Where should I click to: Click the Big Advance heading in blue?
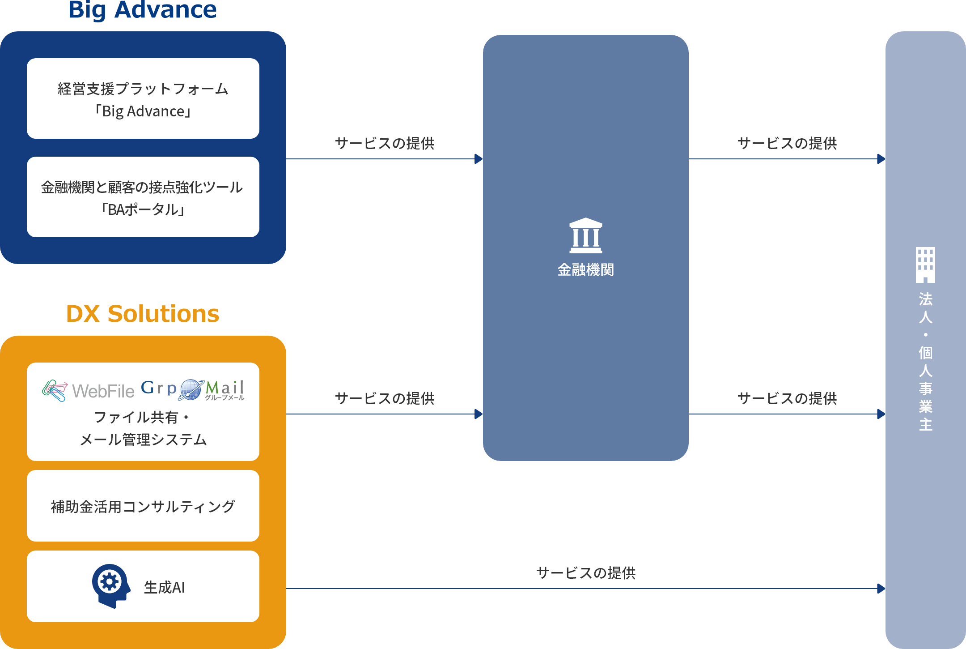pyautogui.click(x=143, y=10)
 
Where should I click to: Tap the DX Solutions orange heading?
pyautogui.click(x=143, y=314)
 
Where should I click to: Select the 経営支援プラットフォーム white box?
pyautogui.click(x=143, y=98)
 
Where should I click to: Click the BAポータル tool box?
pyautogui.click(x=143, y=197)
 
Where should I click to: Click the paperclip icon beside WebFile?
pyautogui.click(x=55, y=391)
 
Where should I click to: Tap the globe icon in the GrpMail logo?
pyautogui.click(x=191, y=389)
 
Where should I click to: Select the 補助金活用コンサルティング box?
pyautogui.click(x=143, y=506)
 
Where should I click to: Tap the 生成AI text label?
pyautogui.click(x=164, y=588)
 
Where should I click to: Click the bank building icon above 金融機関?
pyautogui.click(x=585, y=235)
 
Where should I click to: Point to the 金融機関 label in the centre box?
pyautogui.click(x=585, y=270)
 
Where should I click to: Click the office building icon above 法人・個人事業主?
pyautogui.click(x=925, y=265)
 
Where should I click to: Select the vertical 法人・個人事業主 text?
pyautogui.click(x=925, y=361)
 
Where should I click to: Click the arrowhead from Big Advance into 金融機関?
pyautogui.click(x=479, y=159)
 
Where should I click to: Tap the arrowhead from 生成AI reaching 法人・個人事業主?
pyautogui.click(x=881, y=589)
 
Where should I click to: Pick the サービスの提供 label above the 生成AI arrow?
pyautogui.click(x=586, y=573)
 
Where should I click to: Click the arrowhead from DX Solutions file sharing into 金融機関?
pyautogui.click(x=479, y=414)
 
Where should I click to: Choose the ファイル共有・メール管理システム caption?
pyautogui.click(x=143, y=428)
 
